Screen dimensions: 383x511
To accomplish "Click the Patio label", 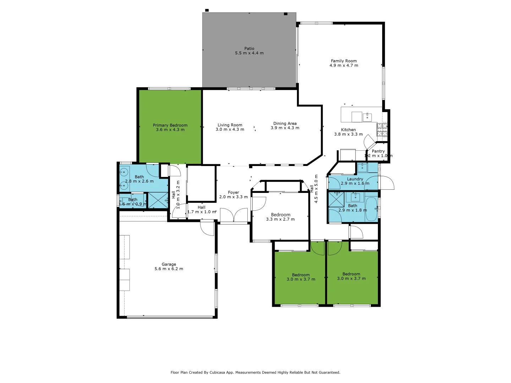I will coord(249,49).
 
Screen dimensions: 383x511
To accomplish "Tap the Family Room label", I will coord(344,61).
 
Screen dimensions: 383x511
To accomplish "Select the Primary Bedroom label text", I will coord(170,125).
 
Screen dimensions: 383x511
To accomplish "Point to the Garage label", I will coord(169,264).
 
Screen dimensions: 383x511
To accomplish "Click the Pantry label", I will coord(378,151).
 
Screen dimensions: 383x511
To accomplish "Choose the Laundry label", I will coord(355,179).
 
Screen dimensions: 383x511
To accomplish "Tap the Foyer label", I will coord(233,193).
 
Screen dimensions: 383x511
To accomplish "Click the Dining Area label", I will coord(285,123).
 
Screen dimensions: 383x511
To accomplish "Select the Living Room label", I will coord(230,125).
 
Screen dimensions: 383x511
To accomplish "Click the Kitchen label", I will coord(348,130).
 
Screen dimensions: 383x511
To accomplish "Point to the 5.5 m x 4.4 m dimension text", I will coord(249,53).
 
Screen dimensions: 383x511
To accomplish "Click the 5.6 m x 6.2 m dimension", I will coord(169,269).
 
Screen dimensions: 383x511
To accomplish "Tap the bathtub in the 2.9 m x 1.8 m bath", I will coord(371,209).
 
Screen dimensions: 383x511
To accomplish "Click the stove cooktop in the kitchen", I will coord(382,130).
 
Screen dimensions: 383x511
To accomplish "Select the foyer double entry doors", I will coord(233,216).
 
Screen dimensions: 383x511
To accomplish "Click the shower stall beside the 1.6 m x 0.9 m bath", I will coord(158,200).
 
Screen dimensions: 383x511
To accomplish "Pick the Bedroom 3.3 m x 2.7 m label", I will coord(280,215).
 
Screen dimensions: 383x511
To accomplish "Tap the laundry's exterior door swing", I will coord(387,183).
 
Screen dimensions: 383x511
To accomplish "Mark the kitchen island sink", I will coord(367,117).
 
